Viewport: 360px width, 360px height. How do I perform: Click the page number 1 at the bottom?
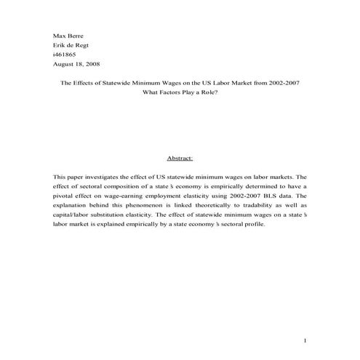point(306,340)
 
